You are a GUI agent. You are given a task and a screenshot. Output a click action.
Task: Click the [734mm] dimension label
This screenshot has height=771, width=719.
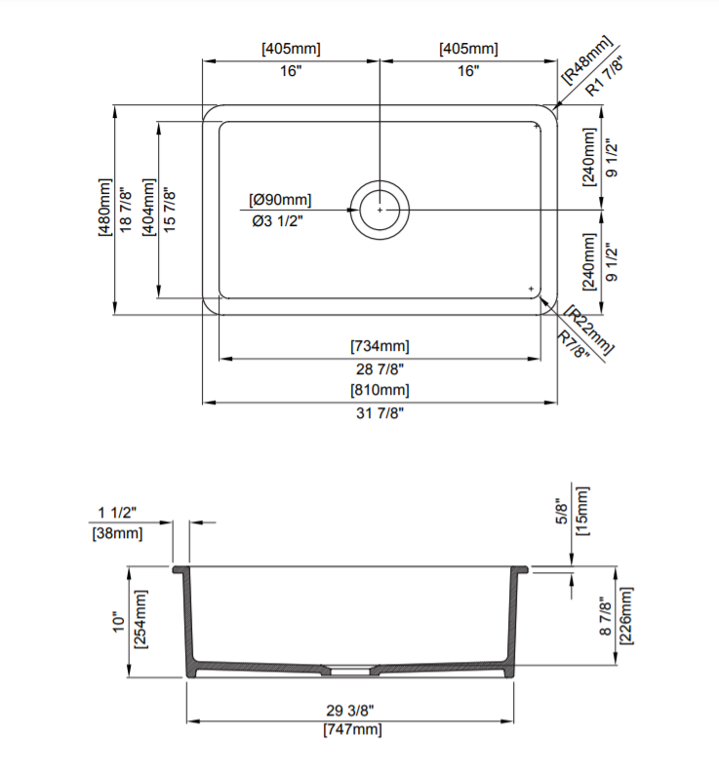379,346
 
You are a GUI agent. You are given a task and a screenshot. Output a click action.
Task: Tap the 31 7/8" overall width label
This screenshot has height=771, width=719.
379,412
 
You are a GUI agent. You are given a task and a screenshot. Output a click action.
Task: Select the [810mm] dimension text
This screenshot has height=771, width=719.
379,390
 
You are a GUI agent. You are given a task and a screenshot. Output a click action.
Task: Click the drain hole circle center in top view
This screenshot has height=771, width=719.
380,209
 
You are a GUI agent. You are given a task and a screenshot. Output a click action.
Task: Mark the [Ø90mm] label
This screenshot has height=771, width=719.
280,200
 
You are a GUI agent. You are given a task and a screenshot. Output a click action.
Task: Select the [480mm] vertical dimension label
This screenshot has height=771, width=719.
104,209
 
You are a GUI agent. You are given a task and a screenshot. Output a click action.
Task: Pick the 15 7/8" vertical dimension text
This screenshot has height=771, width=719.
170,209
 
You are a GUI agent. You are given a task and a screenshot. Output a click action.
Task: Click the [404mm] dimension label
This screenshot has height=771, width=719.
148,209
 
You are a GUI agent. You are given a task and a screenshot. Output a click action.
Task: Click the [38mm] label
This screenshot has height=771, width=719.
117,533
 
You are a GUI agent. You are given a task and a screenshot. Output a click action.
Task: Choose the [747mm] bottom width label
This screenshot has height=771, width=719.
351,729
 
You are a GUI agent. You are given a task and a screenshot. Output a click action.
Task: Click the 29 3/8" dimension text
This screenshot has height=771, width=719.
351,709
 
